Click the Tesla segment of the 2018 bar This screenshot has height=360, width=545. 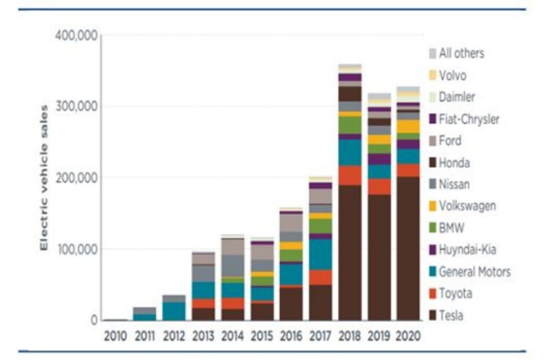point(349,252)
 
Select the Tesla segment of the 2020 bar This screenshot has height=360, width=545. point(408,248)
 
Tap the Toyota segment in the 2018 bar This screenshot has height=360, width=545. point(349,175)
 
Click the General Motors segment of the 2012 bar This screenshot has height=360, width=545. point(173,311)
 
